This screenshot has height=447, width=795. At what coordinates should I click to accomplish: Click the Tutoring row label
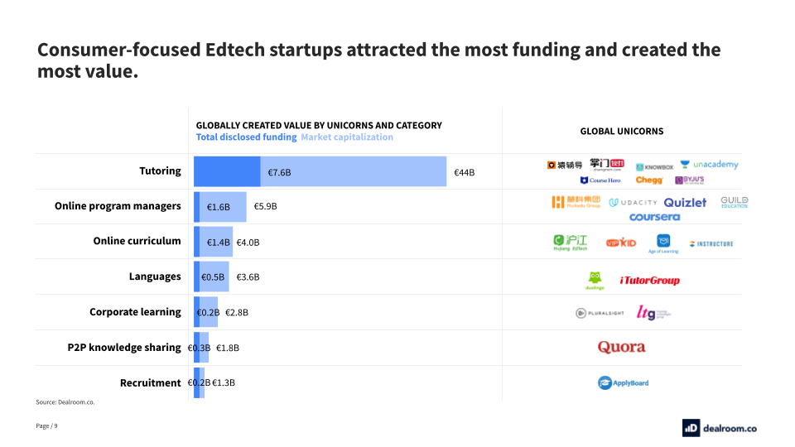[160, 171]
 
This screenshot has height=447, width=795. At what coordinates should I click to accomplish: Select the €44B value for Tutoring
[464, 172]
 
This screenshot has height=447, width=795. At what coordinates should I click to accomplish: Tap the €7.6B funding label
[279, 172]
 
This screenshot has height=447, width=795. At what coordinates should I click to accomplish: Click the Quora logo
[621, 347]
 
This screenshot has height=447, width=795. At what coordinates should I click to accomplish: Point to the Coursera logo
[654, 217]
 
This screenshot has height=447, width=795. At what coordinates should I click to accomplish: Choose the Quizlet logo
[685, 202]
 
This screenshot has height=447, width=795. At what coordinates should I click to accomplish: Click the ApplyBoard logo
[623, 382]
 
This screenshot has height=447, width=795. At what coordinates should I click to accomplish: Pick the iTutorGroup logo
[649, 281]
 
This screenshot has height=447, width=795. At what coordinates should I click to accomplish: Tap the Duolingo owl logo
[595, 281]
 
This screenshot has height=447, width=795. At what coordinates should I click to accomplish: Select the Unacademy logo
[709, 165]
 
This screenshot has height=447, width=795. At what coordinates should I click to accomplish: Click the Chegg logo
[649, 180]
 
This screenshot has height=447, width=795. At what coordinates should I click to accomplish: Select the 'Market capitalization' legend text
[346, 137]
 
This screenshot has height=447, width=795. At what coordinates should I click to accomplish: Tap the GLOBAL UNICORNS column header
[621, 131]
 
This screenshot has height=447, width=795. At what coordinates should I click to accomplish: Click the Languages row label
[155, 276]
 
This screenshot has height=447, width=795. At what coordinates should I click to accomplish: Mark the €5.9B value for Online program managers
[265, 206]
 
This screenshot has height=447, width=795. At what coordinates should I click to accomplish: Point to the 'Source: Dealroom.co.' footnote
[65, 402]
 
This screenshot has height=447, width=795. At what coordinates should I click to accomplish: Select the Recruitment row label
[150, 382]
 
